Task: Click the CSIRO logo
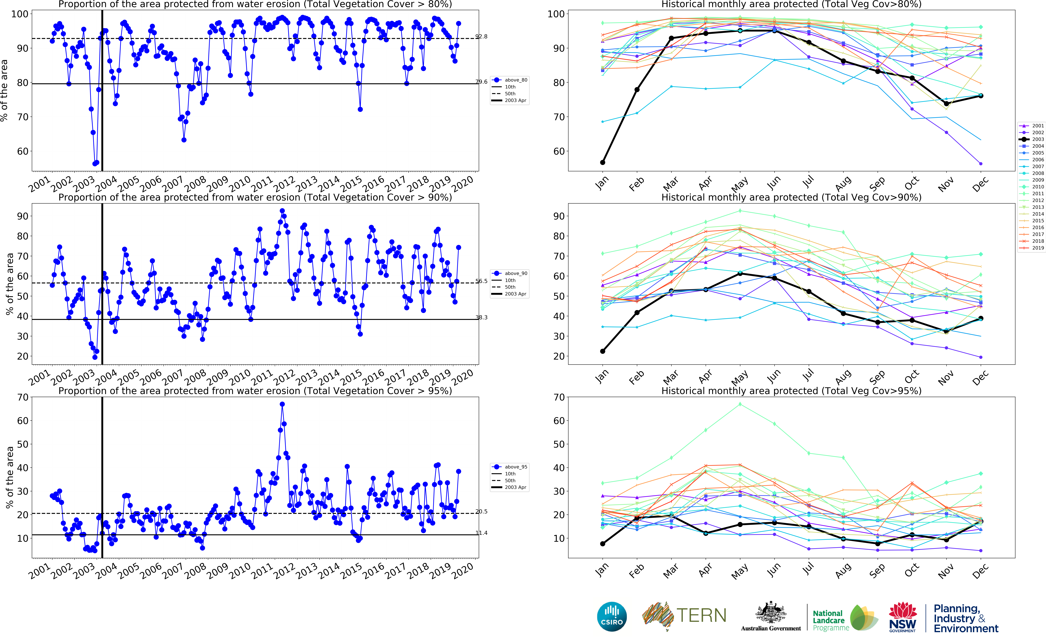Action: point(612,616)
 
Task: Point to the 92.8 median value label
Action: point(481,37)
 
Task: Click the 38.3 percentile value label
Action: point(481,317)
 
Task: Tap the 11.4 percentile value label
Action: point(481,533)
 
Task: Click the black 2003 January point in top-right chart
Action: point(603,162)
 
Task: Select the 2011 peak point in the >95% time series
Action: point(282,404)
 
